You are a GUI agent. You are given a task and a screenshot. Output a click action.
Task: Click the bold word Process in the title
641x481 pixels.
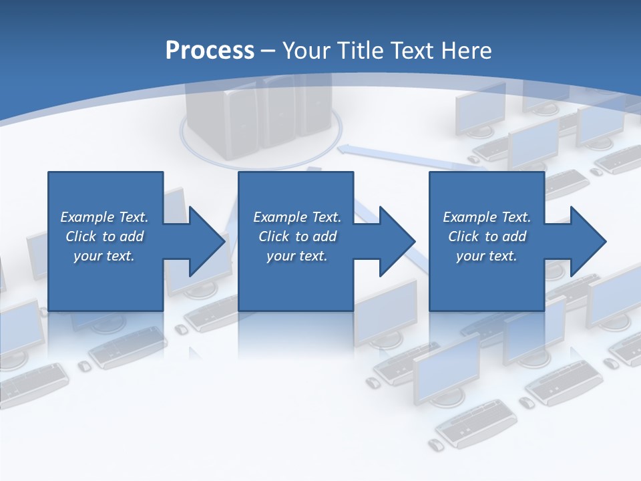[x=210, y=51]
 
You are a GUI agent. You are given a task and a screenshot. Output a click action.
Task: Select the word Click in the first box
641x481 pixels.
[x=81, y=236]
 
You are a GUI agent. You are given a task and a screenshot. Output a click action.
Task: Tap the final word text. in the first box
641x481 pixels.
[x=121, y=256]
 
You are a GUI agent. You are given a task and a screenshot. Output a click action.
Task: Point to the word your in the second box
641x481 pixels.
[x=280, y=256]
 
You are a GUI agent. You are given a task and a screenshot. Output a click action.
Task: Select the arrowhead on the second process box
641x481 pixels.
[x=397, y=241]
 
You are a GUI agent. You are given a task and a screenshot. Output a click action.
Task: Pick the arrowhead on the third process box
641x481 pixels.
[x=588, y=241]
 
